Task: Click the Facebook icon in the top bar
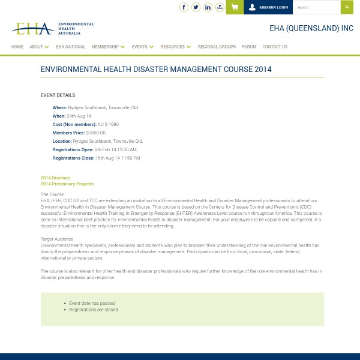tap(184, 7)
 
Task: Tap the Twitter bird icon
tap(196, 7)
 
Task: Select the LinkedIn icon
tap(208, 7)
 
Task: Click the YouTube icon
tap(220, 7)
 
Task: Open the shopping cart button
tap(235, 7)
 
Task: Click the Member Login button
tap(268, 7)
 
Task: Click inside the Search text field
tap(316, 7)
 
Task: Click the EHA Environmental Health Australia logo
tap(53, 28)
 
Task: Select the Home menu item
tap(17, 47)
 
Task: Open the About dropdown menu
tap(39, 47)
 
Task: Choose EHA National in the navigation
tap(71, 47)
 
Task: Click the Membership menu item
tap(108, 47)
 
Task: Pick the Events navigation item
tap(142, 47)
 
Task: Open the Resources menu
tap(175, 47)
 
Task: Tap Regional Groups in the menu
tap(217, 47)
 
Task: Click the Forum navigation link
tap(249, 47)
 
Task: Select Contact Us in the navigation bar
tap(275, 47)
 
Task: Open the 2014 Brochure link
tap(55, 178)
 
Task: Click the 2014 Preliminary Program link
tap(67, 184)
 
